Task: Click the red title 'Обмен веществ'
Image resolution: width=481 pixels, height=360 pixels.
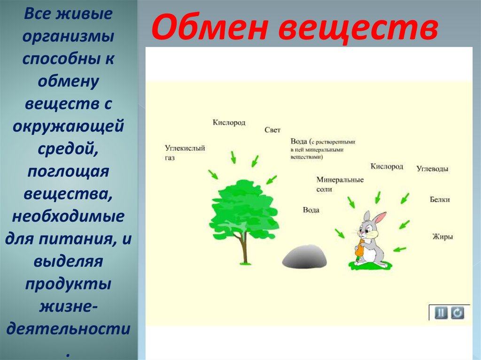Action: (x=295, y=28)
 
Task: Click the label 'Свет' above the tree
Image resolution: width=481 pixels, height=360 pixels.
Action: (x=272, y=130)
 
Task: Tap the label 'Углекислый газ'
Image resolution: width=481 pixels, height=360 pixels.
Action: (x=185, y=153)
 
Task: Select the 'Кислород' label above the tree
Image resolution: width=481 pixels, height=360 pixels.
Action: (x=229, y=123)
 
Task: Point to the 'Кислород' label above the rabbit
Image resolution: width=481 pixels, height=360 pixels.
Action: (x=387, y=167)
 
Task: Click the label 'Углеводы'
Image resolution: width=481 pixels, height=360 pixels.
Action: (x=432, y=169)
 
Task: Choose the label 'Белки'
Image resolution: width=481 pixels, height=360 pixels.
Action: (x=440, y=199)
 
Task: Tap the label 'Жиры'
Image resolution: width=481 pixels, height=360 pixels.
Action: (x=442, y=237)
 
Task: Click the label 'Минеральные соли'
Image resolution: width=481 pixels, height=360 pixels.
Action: (x=340, y=184)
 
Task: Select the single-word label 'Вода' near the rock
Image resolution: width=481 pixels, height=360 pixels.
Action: (x=311, y=210)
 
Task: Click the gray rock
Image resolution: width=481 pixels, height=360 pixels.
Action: (x=304, y=257)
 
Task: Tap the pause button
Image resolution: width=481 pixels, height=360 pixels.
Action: (x=441, y=313)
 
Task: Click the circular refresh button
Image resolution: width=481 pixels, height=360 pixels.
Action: (x=458, y=313)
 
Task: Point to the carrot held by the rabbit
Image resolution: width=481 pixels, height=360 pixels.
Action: (x=359, y=249)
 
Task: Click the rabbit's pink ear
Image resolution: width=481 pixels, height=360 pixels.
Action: (x=380, y=217)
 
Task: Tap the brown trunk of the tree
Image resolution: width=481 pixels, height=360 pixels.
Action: (x=244, y=248)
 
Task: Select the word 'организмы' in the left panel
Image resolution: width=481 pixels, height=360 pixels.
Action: (x=69, y=36)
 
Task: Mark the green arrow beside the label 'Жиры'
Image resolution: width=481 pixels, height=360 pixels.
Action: (x=400, y=249)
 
